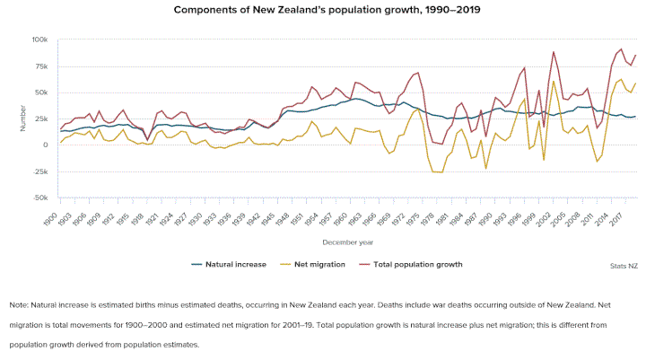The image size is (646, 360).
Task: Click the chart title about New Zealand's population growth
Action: click(322, 12)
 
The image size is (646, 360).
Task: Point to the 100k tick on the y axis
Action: click(39, 40)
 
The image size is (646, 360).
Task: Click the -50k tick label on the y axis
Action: click(39, 198)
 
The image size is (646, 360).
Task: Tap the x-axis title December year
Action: click(348, 241)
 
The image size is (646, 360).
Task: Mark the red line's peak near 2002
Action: click(554, 51)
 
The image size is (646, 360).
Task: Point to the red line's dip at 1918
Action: click(147, 139)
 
